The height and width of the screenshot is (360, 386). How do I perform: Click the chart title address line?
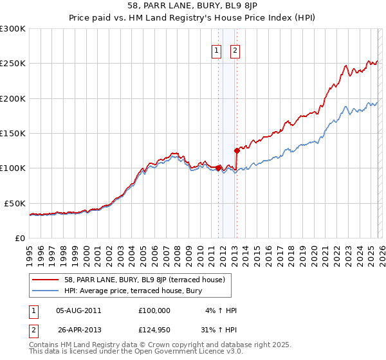192,6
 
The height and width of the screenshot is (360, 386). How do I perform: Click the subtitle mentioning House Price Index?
192,17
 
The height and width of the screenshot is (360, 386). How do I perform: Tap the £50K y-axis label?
15,203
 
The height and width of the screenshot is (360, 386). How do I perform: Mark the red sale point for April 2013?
237,151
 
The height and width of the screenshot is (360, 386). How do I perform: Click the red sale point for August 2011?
218,168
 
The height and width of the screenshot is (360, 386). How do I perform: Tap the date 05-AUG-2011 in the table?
79,310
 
